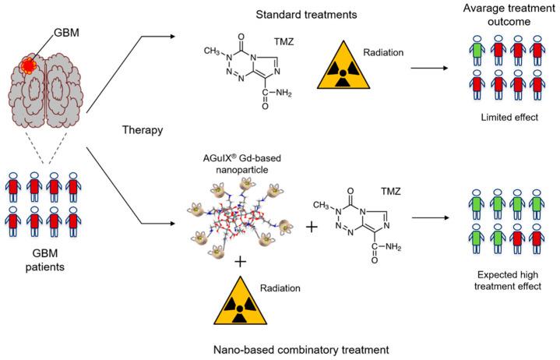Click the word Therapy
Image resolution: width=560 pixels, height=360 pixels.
point(143,130)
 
